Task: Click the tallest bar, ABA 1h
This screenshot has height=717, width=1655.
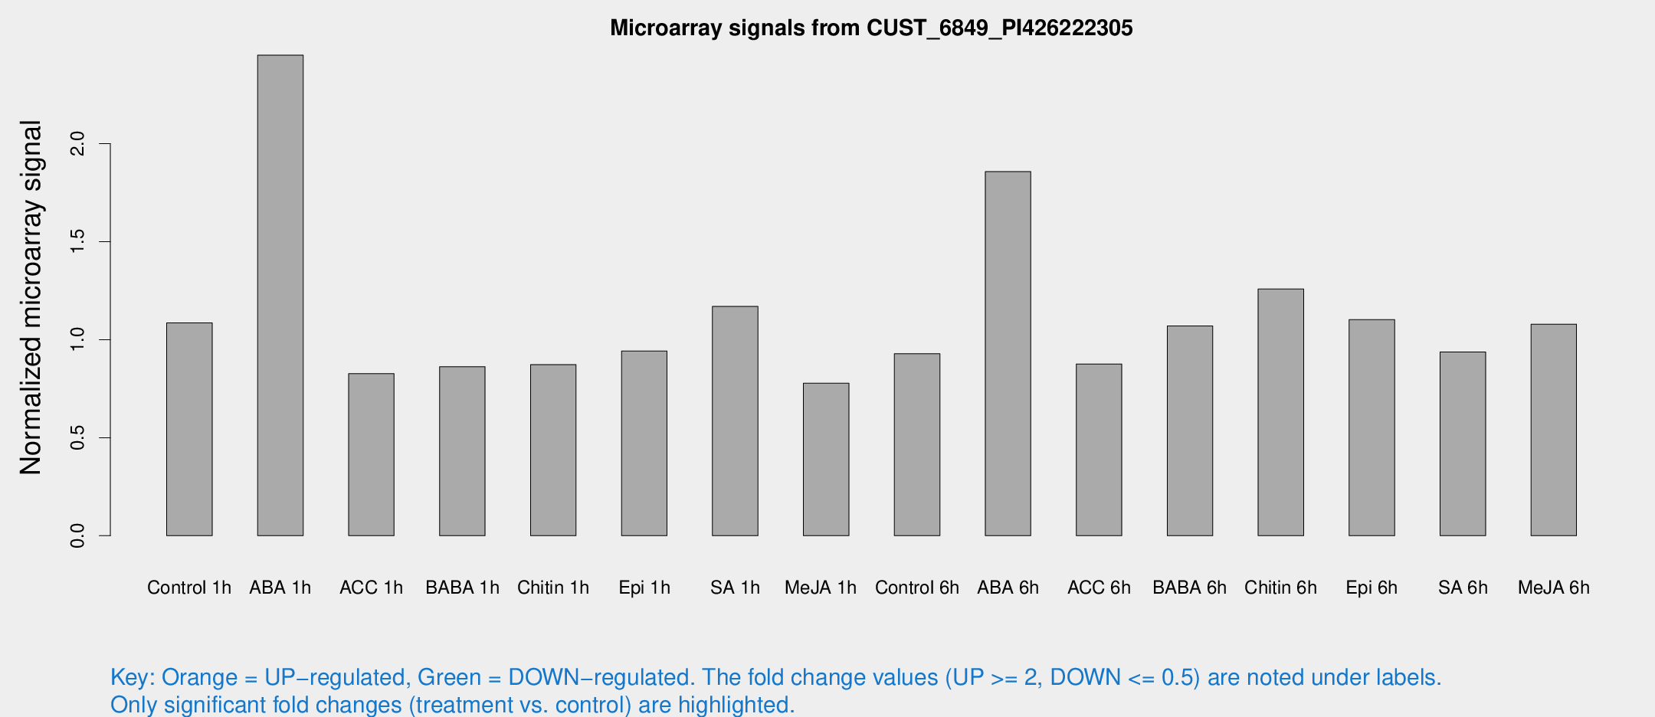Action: click(280, 295)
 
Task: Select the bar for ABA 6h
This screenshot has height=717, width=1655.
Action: click(1008, 353)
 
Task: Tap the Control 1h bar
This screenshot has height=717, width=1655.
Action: click(189, 429)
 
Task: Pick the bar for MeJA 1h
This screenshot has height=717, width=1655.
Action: click(826, 459)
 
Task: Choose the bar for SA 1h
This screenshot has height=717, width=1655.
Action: click(735, 421)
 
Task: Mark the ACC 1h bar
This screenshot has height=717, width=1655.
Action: click(371, 454)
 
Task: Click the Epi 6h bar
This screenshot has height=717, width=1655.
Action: click(1372, 427)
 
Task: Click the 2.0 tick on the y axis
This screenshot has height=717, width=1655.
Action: click(77, 143)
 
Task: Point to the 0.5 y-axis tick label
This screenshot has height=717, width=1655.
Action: click(77, 437)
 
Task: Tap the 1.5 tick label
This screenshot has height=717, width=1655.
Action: click(77, 241)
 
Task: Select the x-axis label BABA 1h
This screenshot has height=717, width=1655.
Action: click(462, 588)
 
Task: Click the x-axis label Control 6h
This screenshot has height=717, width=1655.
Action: click(916, 588)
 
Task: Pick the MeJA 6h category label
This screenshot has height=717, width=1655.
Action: click(1553, 588)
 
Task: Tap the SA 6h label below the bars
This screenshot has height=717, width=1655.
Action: click(1463, 588)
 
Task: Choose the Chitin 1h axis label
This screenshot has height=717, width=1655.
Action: click(553, 588)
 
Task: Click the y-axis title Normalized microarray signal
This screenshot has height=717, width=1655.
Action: click(31, 297)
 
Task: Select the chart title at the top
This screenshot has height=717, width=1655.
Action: click(871, 28)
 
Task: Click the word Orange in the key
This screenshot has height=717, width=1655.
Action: click(199, 677)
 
